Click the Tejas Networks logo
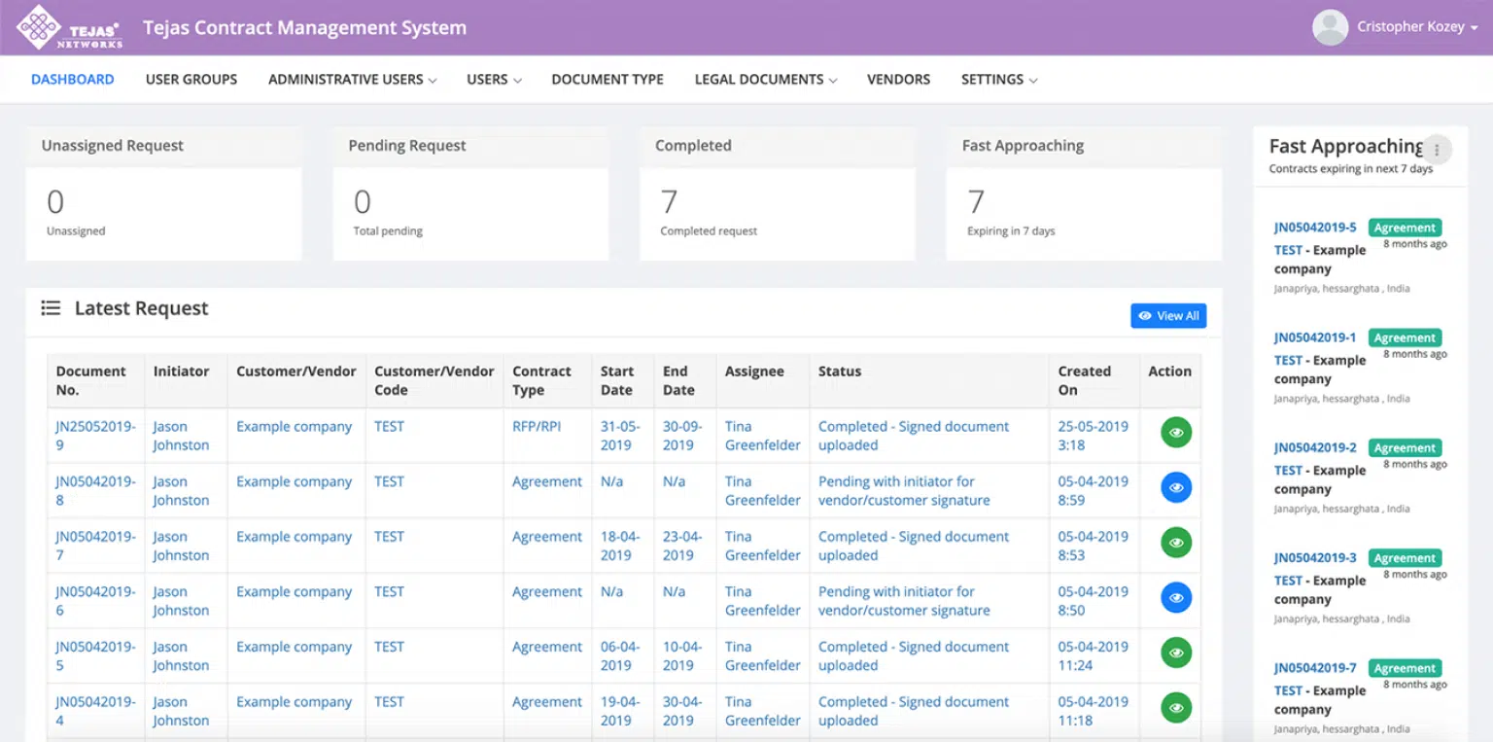[69, 27]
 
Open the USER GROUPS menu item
[191, 80]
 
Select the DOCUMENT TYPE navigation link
[608, 80]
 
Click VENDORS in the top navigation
[898, 80]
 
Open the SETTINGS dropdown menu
[998, 80]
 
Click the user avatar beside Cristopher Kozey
[1330, 27]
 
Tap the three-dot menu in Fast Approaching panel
[1437, 150]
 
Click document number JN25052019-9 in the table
[95, 436]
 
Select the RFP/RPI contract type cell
[537, 426]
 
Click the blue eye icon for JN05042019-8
[1176, 487]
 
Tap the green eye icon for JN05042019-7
[1176, 543]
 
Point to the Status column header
[840, 371]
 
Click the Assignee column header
[754, 371]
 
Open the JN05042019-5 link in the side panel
[1315, 228]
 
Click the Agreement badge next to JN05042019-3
[1405, 558]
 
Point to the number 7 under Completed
[669, 202]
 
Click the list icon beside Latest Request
[51, 308]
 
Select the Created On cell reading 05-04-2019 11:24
[1093, 655]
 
